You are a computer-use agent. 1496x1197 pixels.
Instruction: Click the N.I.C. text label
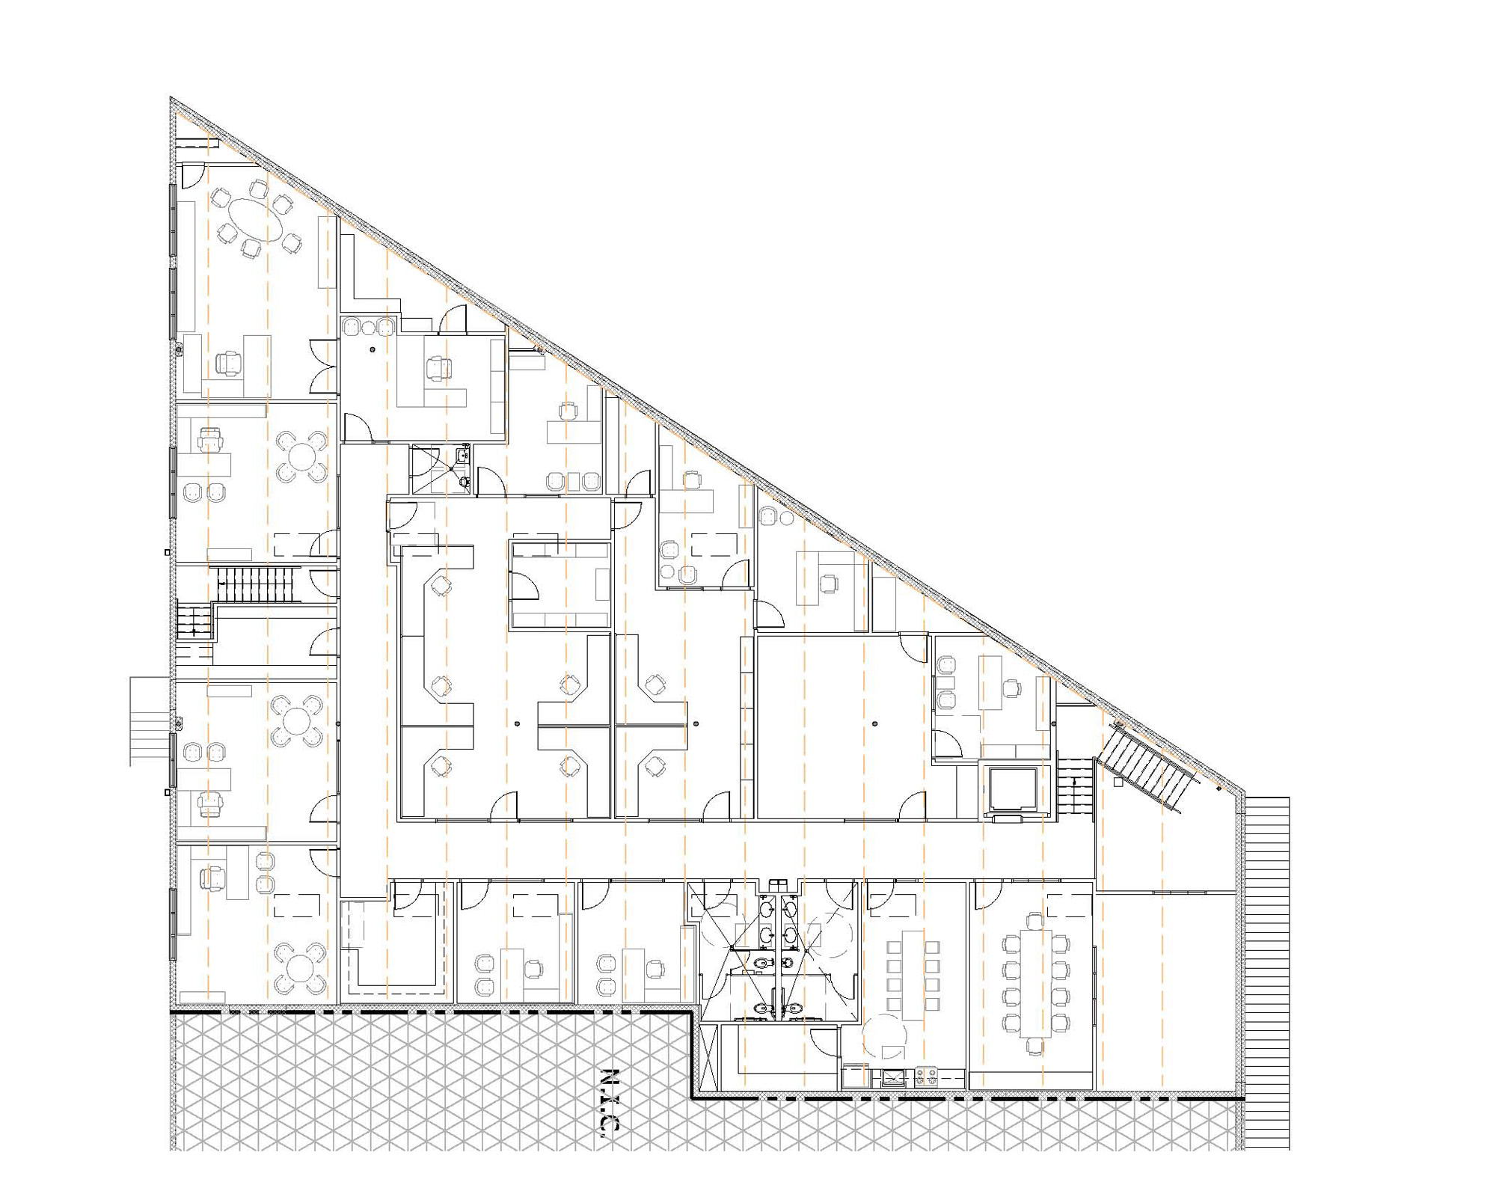pyautogui.click(x=611, y=1103)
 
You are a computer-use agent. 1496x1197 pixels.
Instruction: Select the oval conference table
pyautogui.click(x=257, y=219)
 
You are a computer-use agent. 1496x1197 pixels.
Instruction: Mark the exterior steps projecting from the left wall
pyautogui.click(x=150, y=721)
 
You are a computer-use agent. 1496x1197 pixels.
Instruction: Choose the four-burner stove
pyautogui.click(x=925, y=1077)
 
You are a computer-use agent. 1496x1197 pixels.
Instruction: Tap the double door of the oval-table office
pyautogui.click(x=325, y=366)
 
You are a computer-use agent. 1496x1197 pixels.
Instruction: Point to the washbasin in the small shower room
pyautogui.click(x=463, y=454)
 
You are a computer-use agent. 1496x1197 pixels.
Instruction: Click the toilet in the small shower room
pyautogui.click(x=464, y=482)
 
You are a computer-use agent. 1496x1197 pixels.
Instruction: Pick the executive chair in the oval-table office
pyautogui.click(x=229, y=364)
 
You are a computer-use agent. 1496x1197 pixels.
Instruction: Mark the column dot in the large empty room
pyautogui.click(x=874, y=724)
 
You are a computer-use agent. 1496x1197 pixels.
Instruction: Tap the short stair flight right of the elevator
pyautogui.click(x=1075, y=787)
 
